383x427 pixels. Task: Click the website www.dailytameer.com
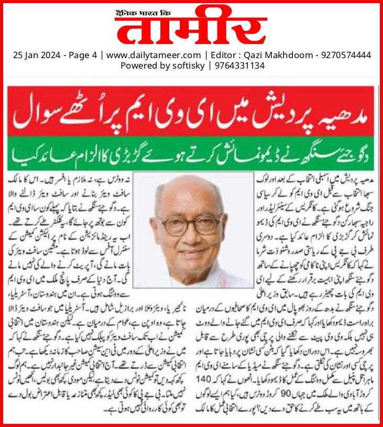pyautogui.click(x=154, y=54)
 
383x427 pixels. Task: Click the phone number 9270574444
pyautogui.click(x=345, y=54)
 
